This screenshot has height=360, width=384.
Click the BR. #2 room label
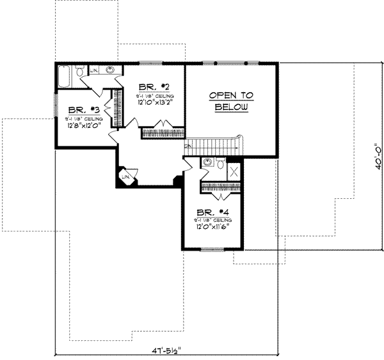pos(155,87)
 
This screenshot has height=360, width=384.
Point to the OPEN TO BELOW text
pos(231,101)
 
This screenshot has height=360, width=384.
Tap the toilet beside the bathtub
pos(80,73)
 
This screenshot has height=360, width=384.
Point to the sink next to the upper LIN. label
pos(111,70)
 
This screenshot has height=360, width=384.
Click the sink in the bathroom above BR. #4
pos(205,164)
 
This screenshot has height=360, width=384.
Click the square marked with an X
pos(235,170)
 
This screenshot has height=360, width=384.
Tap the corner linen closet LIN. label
pos(125,176)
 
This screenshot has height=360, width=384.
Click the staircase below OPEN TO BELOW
pos(211,146)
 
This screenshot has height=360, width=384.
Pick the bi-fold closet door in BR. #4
pos(222,187)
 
